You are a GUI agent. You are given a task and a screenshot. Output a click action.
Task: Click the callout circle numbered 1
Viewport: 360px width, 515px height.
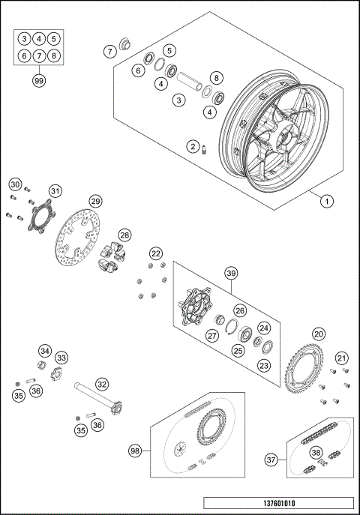pos(326,200)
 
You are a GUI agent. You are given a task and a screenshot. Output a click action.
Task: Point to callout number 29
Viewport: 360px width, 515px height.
pos(95,201)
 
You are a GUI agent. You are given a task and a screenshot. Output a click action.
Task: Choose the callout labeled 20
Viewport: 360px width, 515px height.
pos(319,334)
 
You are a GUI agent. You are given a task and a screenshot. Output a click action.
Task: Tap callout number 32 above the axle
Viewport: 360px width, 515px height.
pos(101,385)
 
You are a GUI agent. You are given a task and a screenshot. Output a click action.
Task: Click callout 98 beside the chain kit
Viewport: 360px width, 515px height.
pos(135,451)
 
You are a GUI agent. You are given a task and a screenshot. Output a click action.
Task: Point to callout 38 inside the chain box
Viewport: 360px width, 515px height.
pos(317,452)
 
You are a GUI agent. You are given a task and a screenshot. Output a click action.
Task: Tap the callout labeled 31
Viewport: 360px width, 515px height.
pos(55,190)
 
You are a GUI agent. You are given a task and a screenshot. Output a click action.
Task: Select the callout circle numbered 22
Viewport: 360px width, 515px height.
pos(155,254)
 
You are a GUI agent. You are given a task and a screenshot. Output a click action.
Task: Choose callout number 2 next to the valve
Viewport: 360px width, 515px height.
pos(193,146)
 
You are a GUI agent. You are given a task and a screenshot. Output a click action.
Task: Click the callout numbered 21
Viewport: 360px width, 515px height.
pos(341,358)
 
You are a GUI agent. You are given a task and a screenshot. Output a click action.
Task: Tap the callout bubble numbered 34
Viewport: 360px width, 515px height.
pos(46,350)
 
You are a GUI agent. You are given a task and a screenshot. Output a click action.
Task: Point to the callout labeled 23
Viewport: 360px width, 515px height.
pos(264,366)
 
